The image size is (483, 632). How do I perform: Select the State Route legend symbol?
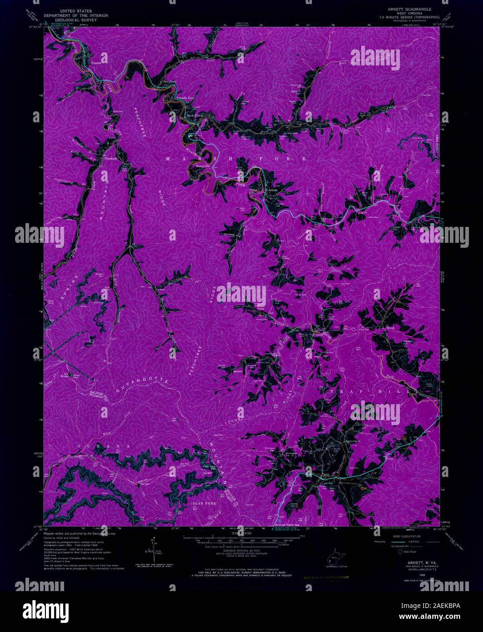click(400, 552)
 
